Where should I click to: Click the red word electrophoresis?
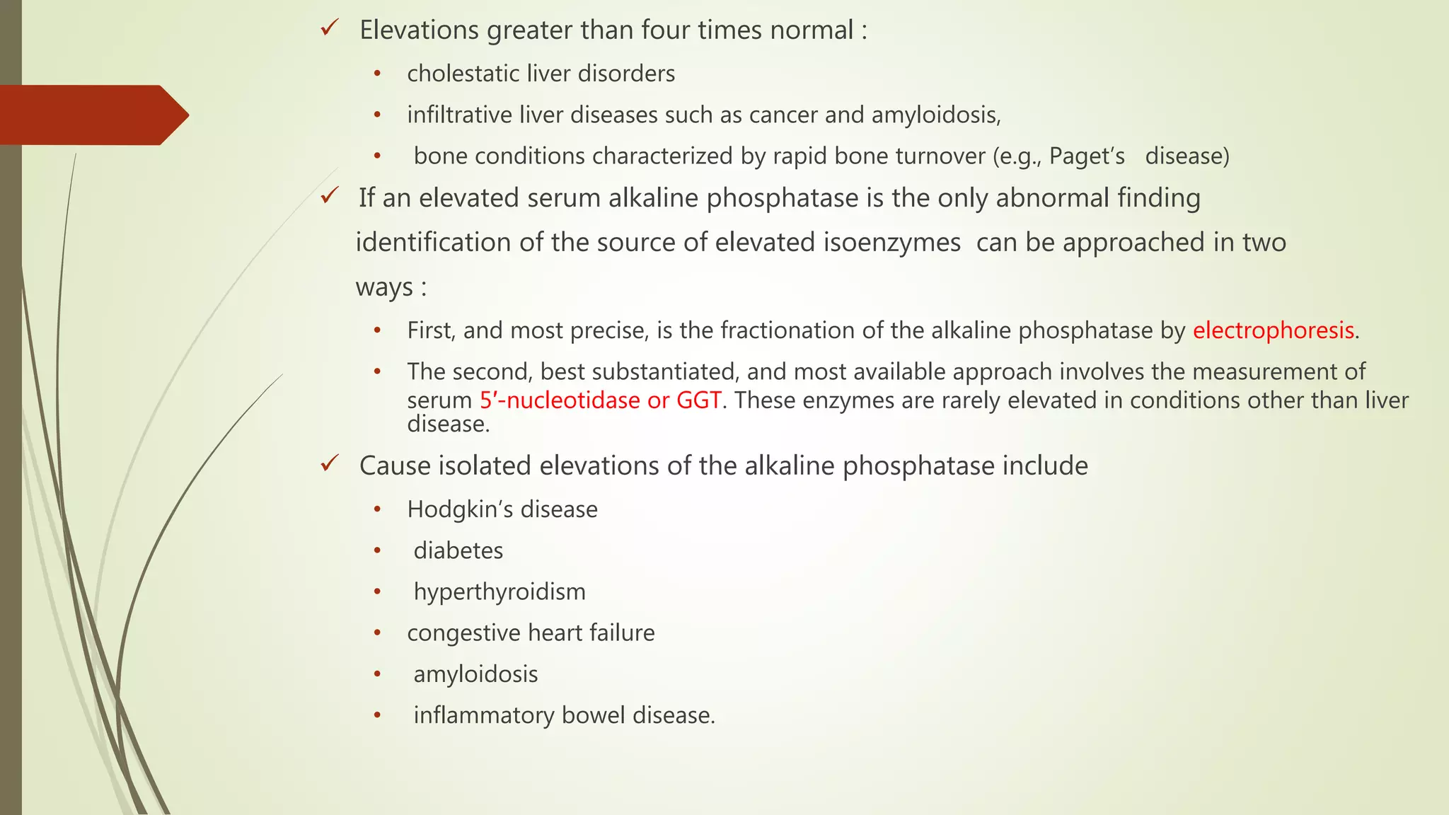(1273, 330)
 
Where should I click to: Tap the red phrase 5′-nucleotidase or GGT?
(600, 400)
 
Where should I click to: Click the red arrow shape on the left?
(92, 115)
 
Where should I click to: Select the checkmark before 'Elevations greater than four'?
(330, 29)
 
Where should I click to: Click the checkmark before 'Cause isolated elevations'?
(330, 464)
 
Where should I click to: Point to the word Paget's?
(1087, 156)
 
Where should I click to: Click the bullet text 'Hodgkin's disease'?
(502, 509)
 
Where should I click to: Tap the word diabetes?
(458, 550)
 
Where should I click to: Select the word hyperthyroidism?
(500, 592)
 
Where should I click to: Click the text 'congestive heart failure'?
(531, 632)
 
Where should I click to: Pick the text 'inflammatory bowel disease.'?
(564, 715)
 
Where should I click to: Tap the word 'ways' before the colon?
(383, 288)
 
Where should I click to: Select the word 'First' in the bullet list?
(429, 330)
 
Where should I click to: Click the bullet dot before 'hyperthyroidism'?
(378, 591)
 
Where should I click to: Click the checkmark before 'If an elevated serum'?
(330, 196)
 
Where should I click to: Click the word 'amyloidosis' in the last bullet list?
(475, 674)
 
